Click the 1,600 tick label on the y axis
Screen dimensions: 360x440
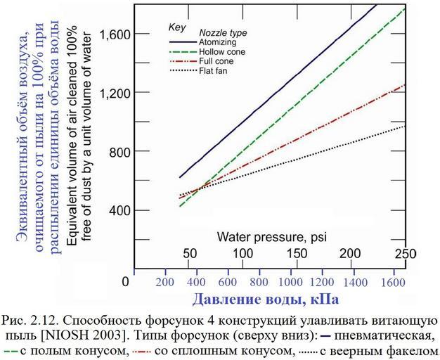113,34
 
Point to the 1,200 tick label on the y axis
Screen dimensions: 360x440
113,93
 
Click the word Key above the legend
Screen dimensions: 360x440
176,27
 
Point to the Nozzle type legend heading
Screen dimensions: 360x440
224,32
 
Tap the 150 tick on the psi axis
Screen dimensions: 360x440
297,253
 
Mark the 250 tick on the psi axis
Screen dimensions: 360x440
406,253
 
